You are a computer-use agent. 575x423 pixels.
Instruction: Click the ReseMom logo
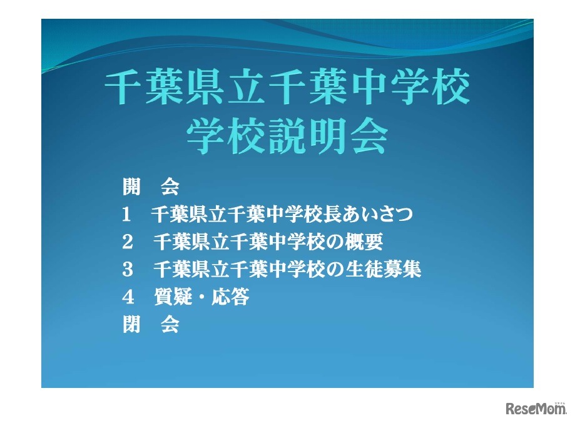[x=536, y=408]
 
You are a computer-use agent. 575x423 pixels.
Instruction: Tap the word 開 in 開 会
[x=131, y=187]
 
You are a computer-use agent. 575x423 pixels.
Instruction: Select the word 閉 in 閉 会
[x=131, y=325]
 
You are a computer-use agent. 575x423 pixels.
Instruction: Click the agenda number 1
[x=126, y=215]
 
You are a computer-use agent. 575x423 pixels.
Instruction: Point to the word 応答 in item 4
[x=233, y=297]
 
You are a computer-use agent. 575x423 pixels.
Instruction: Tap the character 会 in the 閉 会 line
[x=170, y=325]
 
